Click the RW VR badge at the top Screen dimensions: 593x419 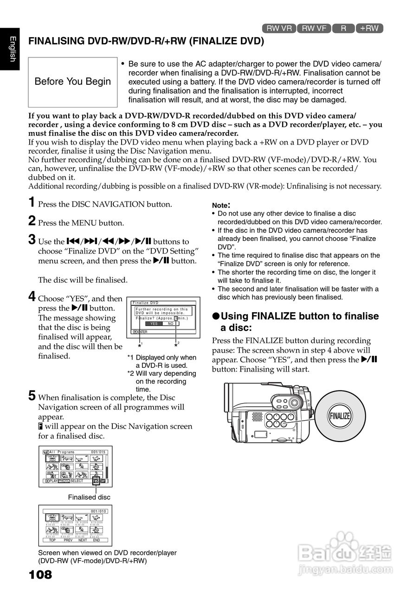pos(279,28)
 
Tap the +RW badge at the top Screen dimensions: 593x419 pos(369,28)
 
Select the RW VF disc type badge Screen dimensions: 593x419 pos(314,28)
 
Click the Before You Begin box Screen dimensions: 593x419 pos(73,82)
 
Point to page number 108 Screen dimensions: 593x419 pos(40,575)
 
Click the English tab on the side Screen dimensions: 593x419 pos(10,48)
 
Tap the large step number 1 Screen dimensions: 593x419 pos(32,202)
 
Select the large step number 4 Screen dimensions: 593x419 pos(32,296)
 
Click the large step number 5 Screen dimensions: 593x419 pos(32,396)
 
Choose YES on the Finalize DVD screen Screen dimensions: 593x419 pos(155,324)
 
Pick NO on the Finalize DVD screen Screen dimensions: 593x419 pos(171,324)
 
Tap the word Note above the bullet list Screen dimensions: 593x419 pos(221,205)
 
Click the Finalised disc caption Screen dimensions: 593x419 pos(89,497)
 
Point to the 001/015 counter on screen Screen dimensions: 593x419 pos(98,452)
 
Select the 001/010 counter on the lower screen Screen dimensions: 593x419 pos(98,511)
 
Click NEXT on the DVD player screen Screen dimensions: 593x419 pos(83,540)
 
